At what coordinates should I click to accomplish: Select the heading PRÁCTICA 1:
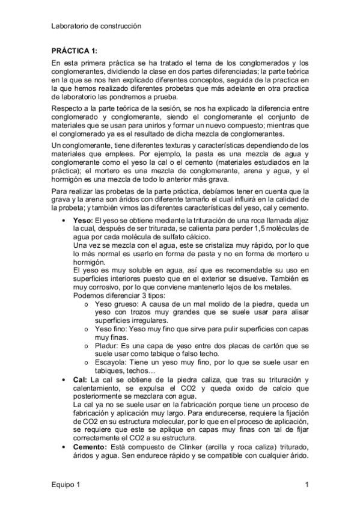(73, 51)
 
